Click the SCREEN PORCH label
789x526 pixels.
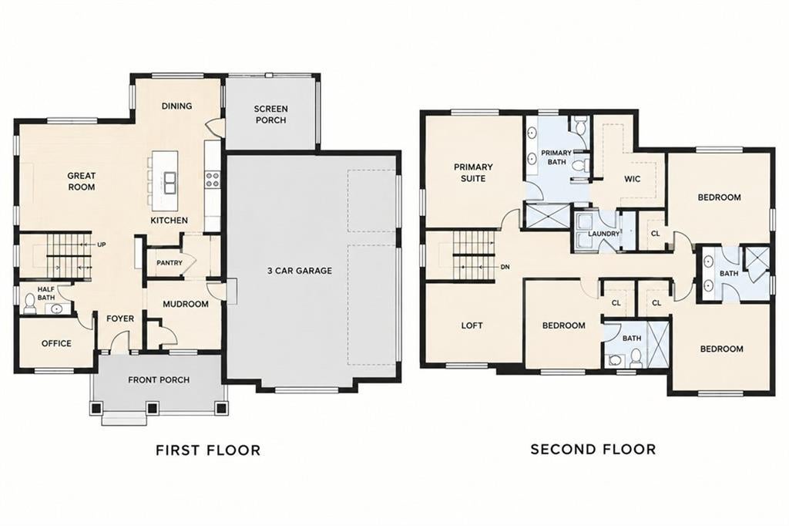[270, 114]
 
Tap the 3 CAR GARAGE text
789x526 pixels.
[300, 271]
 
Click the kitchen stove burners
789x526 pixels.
[212, 180]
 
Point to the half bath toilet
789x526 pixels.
[30, 305]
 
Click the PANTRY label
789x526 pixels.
[170, 262]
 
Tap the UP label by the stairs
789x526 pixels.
[102, 244]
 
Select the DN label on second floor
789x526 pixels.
[505, 267]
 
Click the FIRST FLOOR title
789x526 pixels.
[208, 450]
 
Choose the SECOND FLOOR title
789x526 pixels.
[593, 449]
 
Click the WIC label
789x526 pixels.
[632, 179]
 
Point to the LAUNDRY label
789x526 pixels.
[603, 234]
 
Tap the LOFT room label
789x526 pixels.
[472, 325]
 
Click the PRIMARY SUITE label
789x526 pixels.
[473, 172]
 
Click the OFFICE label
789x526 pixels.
[56, 344]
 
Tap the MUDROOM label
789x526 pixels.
[185, 305]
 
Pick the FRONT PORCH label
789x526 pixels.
[159, 380]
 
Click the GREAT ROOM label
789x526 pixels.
[82, 181]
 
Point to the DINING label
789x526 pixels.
[176, 106]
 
